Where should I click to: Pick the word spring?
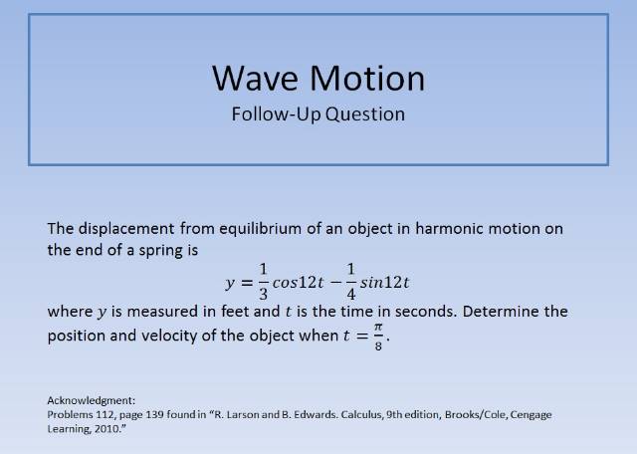tap(163, 250)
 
